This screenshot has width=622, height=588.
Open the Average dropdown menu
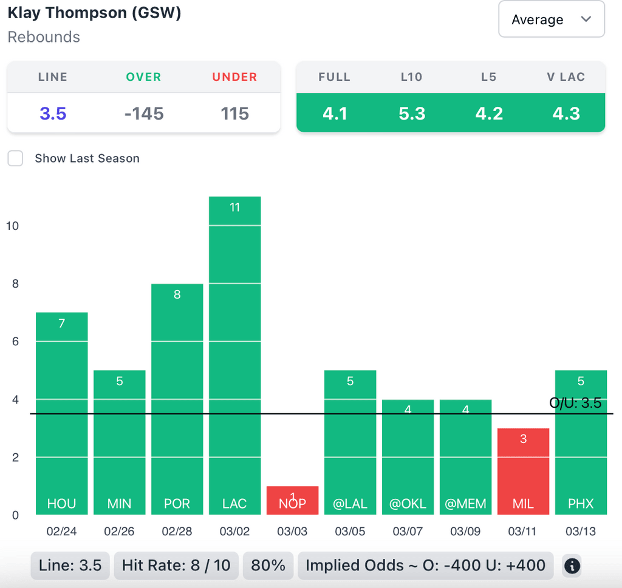tap(551, 19)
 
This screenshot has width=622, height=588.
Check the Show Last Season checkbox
tap(15, 158)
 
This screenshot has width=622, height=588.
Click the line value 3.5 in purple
tap(53, 113)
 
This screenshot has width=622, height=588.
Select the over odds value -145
tap(144, 113)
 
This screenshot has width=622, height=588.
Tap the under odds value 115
tap(235, 113)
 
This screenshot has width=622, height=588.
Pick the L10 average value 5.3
tap(412, 113)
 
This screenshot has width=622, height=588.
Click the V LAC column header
tap(566, 77)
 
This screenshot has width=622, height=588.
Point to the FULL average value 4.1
tap(335, 113)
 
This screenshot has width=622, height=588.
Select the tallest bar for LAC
tap(234, 355)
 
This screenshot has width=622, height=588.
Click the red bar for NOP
tap(292, 500)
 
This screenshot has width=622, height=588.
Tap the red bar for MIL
tap(523, 471)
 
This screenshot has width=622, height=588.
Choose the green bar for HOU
tap(62, 413)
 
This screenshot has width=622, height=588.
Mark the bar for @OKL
tap(408, 456)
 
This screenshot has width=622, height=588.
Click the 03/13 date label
tap(581, 532)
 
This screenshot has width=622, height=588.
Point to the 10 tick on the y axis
tap(12, 226)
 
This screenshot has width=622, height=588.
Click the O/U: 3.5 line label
tap(575, 403)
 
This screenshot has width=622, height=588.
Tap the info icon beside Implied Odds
tap(572, 566)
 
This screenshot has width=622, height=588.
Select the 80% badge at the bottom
tap(268, 566)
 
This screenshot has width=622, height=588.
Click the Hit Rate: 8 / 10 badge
tap(176, 566)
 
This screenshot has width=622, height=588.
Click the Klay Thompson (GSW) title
tap(94, 13)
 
